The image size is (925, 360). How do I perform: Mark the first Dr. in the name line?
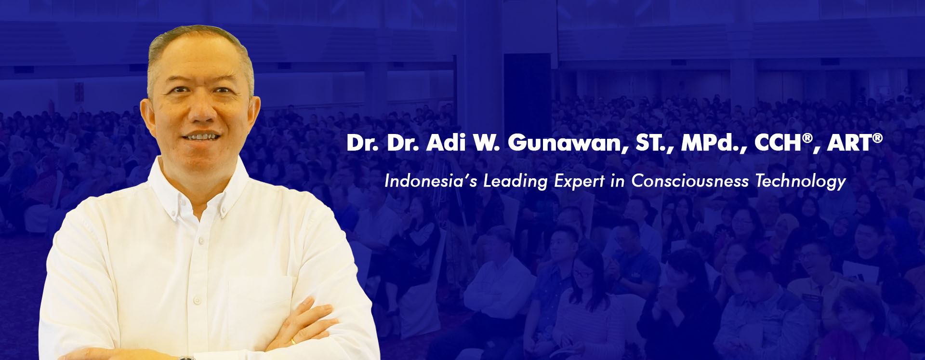(363, 143)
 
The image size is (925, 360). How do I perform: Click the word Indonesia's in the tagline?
(431, 181)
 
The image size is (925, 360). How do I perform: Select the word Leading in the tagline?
(515, 182)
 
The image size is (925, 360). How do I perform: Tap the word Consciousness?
(690, 181)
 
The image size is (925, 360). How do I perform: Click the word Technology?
(800, 182)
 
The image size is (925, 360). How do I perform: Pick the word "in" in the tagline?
(618, 181)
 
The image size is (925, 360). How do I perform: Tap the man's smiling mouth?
(201, 137)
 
